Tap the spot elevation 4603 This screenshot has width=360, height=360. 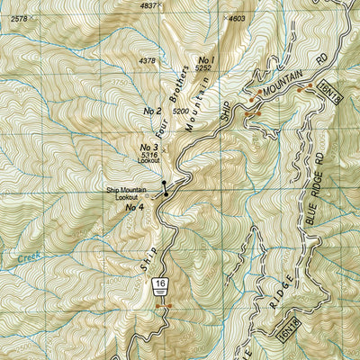click(x=237, y=18)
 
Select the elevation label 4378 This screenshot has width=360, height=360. click(x=148, y=61)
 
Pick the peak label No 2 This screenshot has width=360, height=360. click(x=152, y=111)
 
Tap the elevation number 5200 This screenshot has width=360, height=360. click(x=181, y=111)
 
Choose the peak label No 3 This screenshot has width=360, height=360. click(x=148, y=147)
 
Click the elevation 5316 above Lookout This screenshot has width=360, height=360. click(x=149, y=156)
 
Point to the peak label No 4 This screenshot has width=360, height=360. click(x=135, y=208)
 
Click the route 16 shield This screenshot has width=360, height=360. click(x=160, y=284)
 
